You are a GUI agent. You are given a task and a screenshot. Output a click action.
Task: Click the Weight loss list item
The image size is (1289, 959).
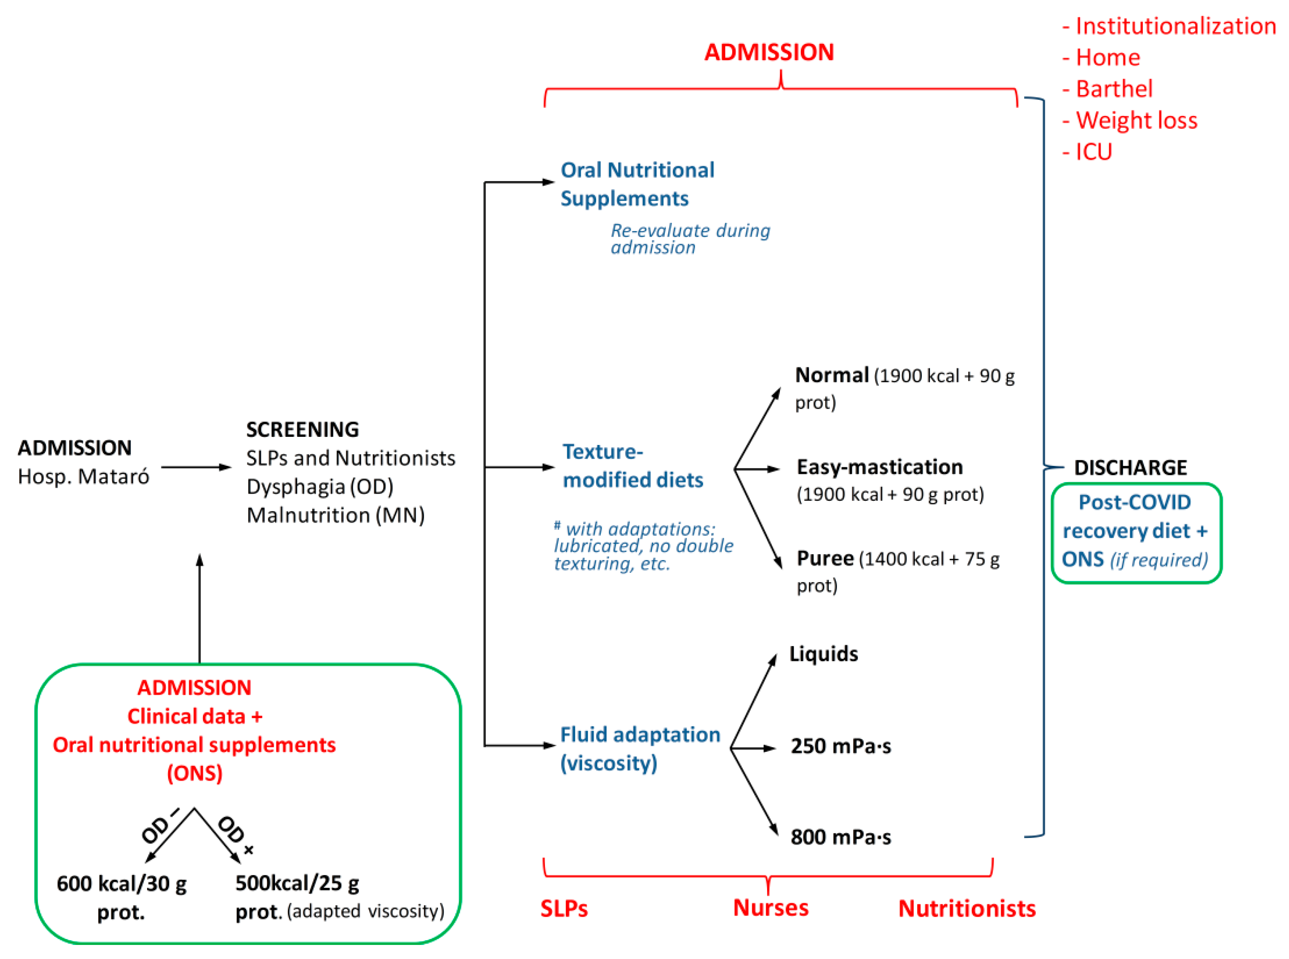[x=1136, y=120]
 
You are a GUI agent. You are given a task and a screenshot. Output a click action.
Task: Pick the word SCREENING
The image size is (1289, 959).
[x=302, y=430]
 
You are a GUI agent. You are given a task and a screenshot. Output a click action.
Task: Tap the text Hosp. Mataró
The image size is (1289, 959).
[x=83, y=477]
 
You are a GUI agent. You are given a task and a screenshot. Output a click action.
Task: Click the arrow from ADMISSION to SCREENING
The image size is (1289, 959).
[x=196, y=467]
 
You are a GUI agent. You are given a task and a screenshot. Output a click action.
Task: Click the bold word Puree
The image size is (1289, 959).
[x=825, y=558]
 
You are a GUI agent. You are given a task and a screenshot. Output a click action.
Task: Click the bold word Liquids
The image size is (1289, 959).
[x=823, y=654]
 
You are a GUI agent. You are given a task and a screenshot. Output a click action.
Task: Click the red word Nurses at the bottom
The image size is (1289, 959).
[x=770, y=908]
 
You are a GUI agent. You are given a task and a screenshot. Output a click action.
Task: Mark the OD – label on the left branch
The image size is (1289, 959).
[x=159, y=826]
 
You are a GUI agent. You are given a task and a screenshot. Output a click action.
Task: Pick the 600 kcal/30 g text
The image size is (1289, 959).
[x=122, y=884]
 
